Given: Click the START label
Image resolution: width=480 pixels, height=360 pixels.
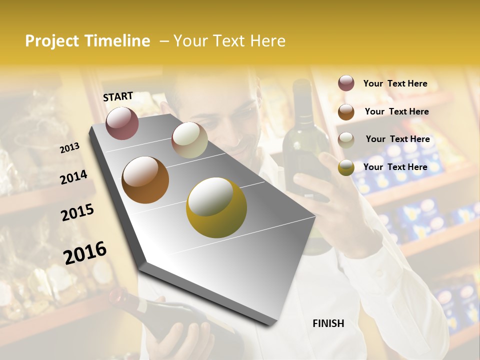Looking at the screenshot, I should (118, 96).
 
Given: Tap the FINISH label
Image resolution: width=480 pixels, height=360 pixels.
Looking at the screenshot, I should (328, 323).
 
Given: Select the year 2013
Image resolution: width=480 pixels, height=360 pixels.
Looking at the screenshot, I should (70, 147).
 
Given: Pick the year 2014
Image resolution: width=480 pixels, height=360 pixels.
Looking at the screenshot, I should (73, 177).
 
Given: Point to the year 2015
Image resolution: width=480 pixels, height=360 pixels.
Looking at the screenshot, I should (77, 212).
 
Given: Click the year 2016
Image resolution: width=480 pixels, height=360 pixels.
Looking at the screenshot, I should (85, 252).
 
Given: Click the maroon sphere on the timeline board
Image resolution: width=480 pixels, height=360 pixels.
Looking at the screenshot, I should (122, 123).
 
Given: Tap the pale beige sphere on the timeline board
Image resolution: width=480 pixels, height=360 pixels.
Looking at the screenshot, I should (189, 140).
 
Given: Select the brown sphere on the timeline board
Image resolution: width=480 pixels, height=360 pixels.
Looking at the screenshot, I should (145, 180).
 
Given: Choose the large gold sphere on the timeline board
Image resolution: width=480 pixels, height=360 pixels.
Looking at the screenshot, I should (216, 207).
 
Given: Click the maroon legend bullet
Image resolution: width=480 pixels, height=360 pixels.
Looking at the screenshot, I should (346, 83).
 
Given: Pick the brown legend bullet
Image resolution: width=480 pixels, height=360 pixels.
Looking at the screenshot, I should (346, 112).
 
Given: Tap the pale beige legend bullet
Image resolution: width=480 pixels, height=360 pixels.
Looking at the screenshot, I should (346, 140).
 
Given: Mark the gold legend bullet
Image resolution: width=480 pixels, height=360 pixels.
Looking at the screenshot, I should (346, 167).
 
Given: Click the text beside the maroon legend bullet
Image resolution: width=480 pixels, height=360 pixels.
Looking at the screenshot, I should (395, 83).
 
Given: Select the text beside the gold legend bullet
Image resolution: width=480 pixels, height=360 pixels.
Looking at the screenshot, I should (395, 167).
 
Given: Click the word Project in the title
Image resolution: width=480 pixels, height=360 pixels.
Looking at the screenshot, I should (52, 41).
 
